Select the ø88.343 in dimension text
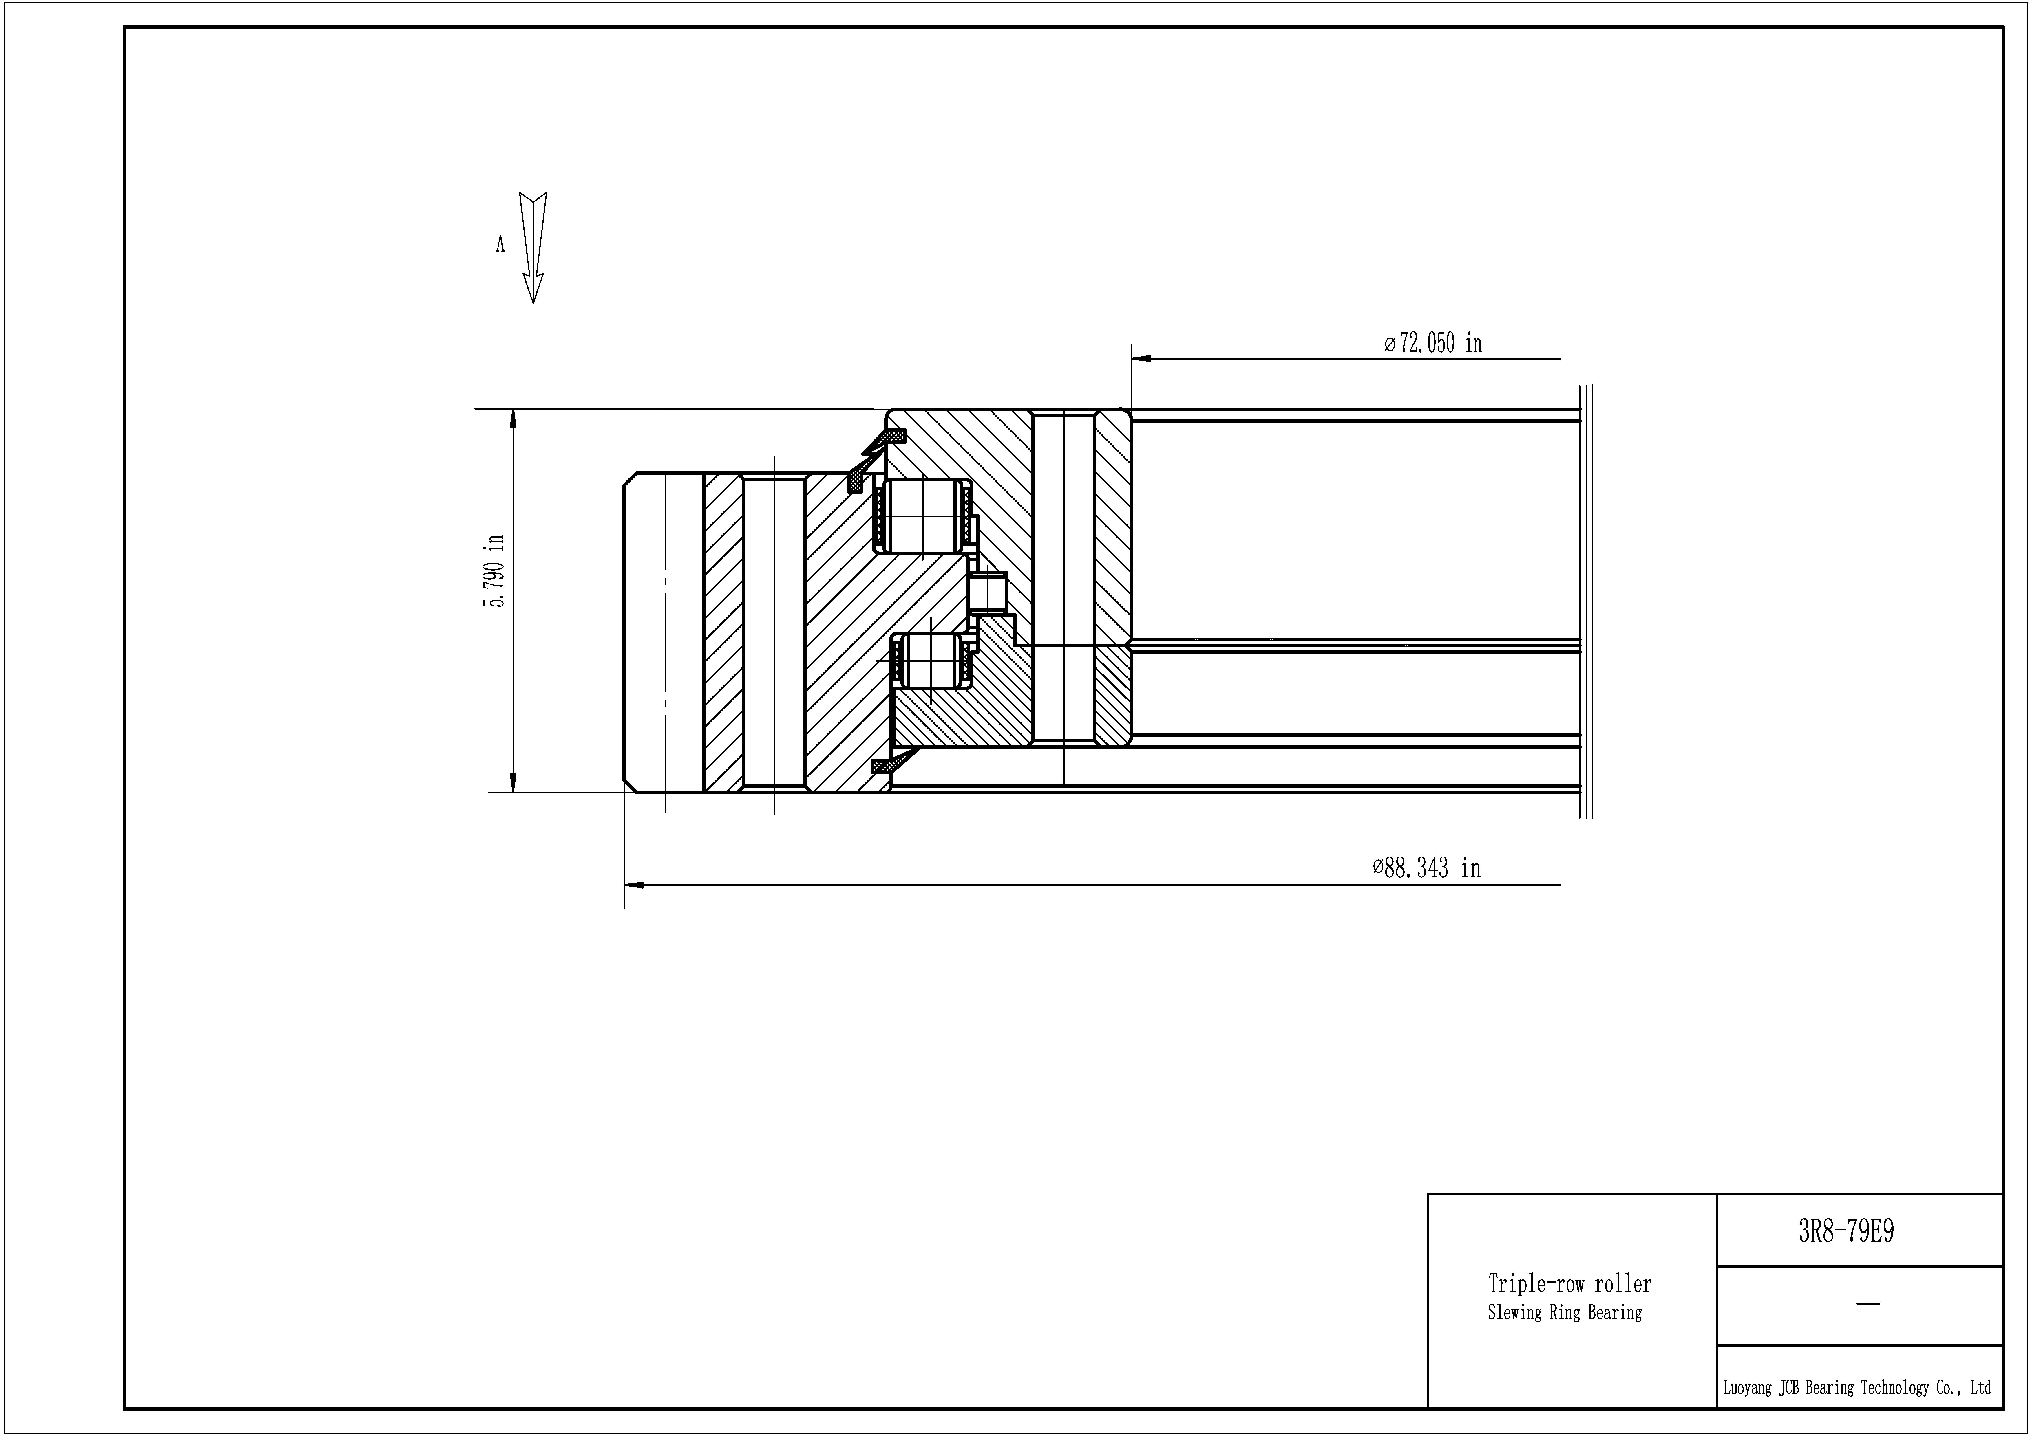(1427, 868)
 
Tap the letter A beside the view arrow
(500, 244)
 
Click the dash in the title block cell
(1867, 1304)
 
